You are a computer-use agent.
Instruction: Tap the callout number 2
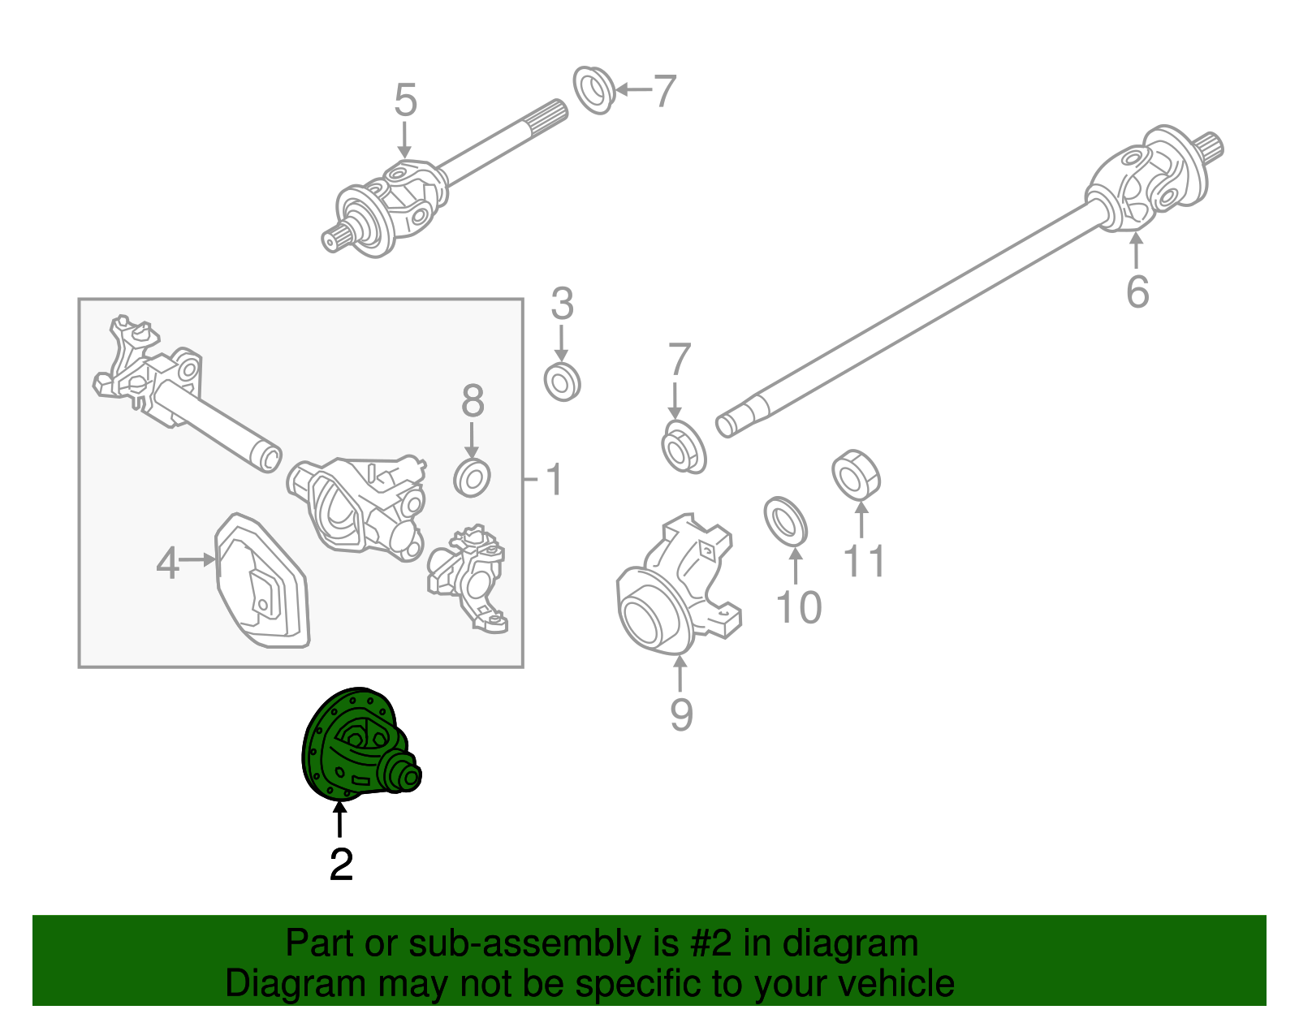click(x=341, y=865)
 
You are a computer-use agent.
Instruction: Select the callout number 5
click(x=405, y=101)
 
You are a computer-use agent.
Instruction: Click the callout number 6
click(x=1137, y=291)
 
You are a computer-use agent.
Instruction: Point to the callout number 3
click(x=562, y=304)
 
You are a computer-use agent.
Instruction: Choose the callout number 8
click(x=473, y=401)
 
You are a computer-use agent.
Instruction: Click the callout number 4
click(x=167, y=562)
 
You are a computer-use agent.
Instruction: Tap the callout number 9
click(x=681, y=714)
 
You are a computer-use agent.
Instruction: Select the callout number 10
click(x=799, y=607)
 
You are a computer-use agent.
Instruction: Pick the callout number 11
click(x=864, y=560)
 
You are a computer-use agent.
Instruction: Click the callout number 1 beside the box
click(x=555, y=480)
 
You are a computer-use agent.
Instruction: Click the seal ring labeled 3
click(x=562, y=382)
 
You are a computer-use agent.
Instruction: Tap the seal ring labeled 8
click(x=472, y=477)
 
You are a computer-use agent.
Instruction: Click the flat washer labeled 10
click(x=785, y=520)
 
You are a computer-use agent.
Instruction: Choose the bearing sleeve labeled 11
click(x=856, y=473)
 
